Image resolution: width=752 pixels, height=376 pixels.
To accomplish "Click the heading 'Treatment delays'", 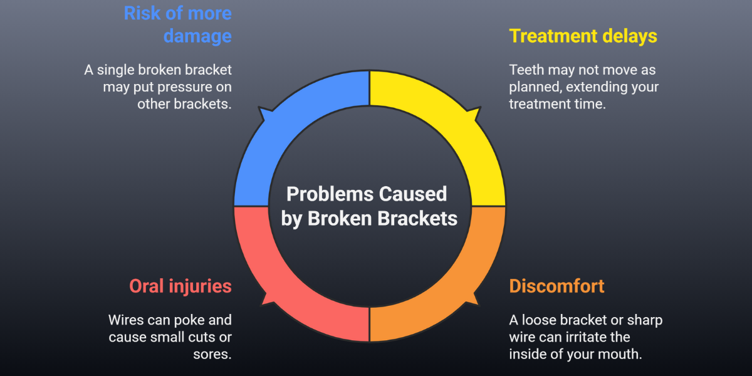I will pos(583,36).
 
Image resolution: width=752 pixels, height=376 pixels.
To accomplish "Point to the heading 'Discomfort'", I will pos(556,286).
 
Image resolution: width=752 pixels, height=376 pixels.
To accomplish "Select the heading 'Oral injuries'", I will pos(180,286).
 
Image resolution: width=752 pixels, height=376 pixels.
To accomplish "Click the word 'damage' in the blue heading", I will pos(197,36).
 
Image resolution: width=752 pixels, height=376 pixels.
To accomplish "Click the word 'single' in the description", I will pos(119,70).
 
